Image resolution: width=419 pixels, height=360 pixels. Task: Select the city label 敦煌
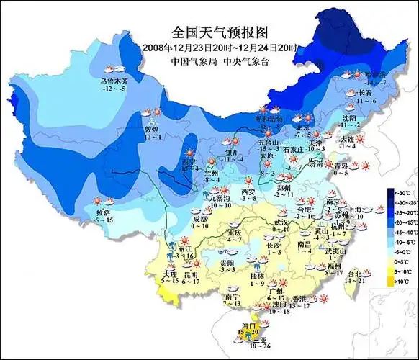[153, 129]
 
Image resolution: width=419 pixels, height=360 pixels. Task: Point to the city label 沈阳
[349, 117]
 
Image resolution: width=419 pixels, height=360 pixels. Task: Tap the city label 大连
[347, 139]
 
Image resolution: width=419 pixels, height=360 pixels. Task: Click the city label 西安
[248, 192]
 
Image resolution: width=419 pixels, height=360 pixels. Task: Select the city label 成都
[199, 217]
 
